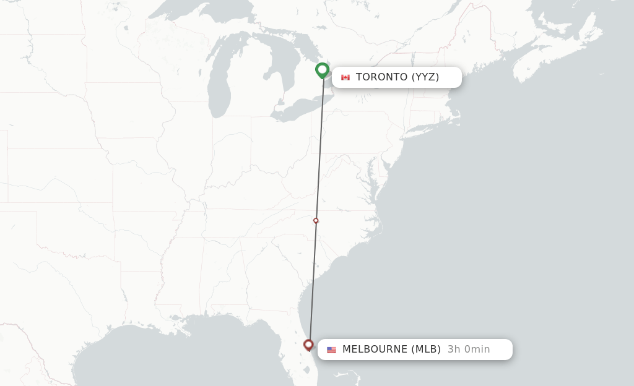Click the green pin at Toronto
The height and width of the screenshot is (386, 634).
[322, 70]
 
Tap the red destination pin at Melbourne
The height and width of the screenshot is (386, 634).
[308, 345]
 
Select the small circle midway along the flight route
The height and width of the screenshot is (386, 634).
[316, 220]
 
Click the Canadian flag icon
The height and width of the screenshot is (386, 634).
[345, 77]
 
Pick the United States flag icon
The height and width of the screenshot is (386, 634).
[331, 350]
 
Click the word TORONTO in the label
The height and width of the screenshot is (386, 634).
[381, 77]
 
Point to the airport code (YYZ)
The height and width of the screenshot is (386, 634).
[425, 77]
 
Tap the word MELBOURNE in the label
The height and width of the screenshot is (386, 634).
[375, 350]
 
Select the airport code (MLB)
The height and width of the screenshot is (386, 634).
[426, 350]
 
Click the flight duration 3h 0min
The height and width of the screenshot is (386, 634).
[469, 350]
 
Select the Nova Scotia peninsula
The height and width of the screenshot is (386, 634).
[545, 59]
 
